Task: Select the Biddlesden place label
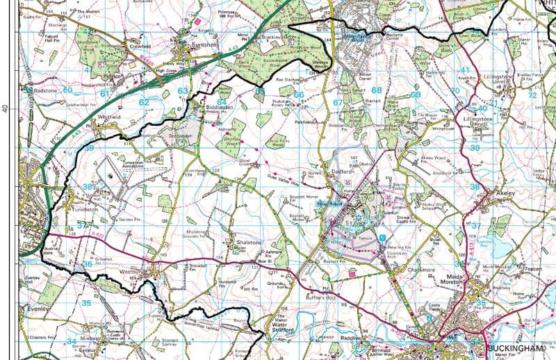(223, 108)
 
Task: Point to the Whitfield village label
(110, 117)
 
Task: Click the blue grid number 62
(144, 102)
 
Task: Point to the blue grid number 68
(376, 90)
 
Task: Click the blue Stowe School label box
(326, 205)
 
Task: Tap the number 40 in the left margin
(6, 109)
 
